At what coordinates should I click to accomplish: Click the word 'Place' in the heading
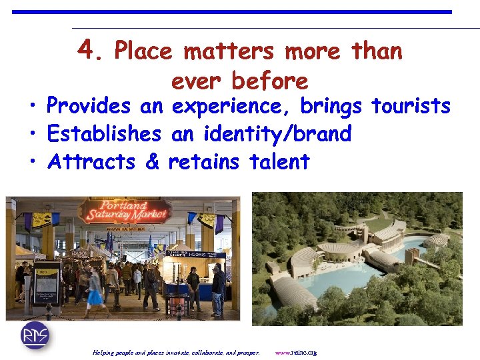(x=143, y=51)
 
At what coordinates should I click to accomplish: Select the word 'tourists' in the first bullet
(x=411, y=106)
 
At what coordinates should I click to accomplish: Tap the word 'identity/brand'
(x=295, y=134)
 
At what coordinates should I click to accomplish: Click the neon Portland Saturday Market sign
(x=125, y=212)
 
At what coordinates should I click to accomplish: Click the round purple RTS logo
(x=35, y=335)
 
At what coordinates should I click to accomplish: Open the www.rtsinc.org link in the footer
(x=295, y=352)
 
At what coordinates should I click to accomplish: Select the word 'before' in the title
(x=269, y=81)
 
